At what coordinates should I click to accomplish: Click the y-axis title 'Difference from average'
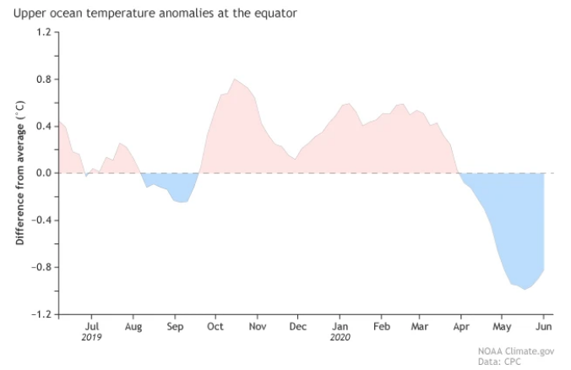19,173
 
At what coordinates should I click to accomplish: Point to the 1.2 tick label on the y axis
42,32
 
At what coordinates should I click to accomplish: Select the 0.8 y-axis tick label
42,79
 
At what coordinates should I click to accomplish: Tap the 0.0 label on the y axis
42,173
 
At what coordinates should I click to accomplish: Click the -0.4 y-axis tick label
41,220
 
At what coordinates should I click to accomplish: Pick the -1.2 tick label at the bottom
41,314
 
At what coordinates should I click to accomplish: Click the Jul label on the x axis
92,325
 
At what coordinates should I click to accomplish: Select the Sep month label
175,325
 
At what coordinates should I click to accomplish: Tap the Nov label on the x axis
258,325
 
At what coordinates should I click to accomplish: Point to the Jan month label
340,325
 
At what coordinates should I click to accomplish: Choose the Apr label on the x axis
461,325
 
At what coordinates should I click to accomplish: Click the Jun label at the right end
544,325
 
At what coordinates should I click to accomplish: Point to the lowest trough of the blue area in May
525,289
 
